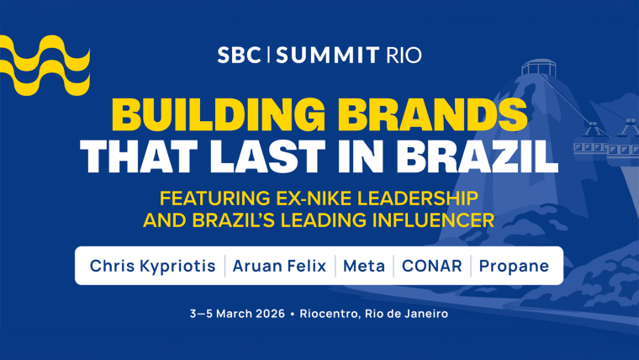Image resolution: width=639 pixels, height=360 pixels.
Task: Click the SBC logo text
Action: point(238,56)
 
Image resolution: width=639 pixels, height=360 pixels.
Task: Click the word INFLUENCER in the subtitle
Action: point(441,220)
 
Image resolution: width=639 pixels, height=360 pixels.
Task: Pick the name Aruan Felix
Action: point(280,266)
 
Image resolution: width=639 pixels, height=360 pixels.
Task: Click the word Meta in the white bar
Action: point(364,266)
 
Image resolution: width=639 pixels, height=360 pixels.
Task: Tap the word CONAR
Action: point(432,266)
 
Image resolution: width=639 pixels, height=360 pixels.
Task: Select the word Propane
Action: point(514,266)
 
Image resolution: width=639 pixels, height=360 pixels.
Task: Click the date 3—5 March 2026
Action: point(237,314)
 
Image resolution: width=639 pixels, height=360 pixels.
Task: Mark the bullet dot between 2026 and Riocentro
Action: point(292,314)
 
